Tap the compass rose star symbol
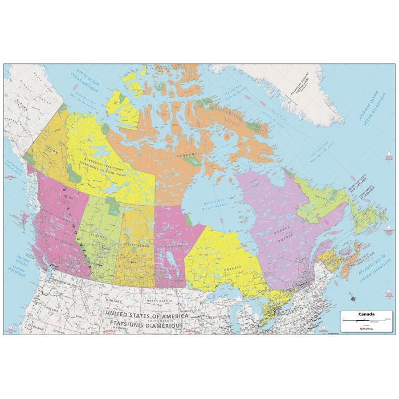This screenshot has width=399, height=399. [x=353, y=298]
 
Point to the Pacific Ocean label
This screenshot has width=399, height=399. [x=23, y=263]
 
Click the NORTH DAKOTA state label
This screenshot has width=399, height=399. [x=160, y=300]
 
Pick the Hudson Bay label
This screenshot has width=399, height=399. [x=214, y=203]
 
